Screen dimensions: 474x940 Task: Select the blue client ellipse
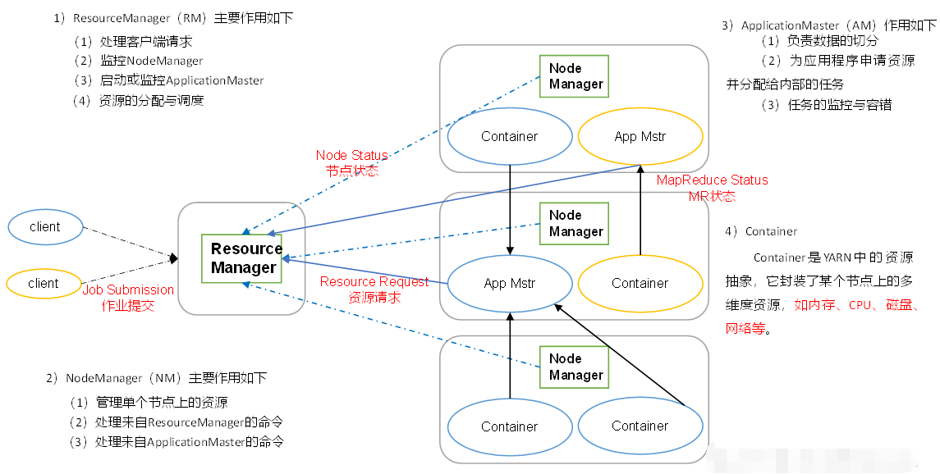click(x=44, y=227)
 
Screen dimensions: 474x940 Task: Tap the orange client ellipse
click(x=44, y=283)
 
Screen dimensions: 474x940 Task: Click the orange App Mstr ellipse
click(x=640, y=136)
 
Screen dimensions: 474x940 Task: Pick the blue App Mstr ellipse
click(x=510, y=283)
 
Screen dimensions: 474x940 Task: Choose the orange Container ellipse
click(x=640, y=283)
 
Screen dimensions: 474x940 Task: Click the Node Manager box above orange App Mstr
click(x=574, y=76)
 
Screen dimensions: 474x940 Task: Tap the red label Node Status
click(x=351, y=155)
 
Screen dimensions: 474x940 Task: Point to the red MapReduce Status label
click(x=712, y=180)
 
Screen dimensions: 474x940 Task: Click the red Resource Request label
click(x=374, y=282)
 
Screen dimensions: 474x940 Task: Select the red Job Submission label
click(x=128, y=290)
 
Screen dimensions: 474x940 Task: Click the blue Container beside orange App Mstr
click(x=510, y=136)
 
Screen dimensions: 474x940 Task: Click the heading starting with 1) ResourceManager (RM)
click(x=172, y=18)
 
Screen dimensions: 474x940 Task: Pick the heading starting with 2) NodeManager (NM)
click(x=156, y=378)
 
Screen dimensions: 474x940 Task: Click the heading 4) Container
click(x=761, y=231)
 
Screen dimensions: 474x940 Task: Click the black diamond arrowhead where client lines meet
click(x=173, y=258)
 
